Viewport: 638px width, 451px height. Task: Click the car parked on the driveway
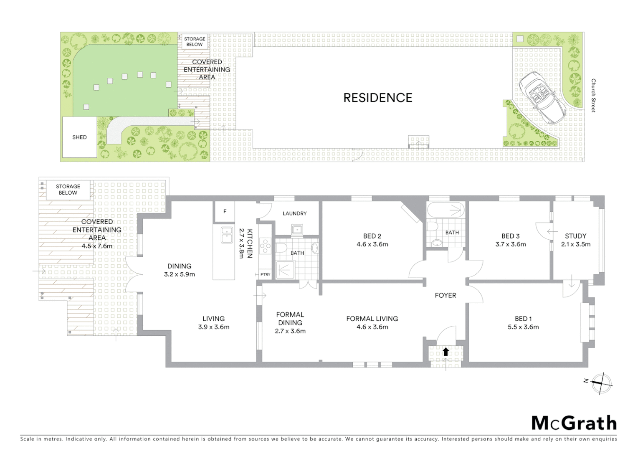coord(542,97)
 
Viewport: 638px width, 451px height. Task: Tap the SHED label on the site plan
coord(79,137)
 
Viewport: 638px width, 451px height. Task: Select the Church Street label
coord(593,95)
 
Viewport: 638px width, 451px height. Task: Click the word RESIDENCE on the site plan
coord(377,98)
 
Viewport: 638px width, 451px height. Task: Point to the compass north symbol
coord(601,383)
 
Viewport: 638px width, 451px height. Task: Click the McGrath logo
coord(574,423)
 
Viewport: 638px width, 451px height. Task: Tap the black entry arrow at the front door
coord(446,352)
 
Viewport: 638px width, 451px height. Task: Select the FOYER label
coord(446,295)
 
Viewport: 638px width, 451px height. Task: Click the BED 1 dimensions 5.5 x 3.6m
coord(523,327)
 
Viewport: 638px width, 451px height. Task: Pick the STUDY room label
coord(575,236)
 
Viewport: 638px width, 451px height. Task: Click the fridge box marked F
coord(225,211)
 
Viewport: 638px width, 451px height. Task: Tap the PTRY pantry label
coord(265,274)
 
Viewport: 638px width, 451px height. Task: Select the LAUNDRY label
coord(294,213)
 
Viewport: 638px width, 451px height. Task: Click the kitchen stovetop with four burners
coord(265,246)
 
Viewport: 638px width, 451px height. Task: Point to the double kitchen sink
coord(227,235)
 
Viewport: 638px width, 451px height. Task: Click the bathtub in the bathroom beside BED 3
coord(446,210)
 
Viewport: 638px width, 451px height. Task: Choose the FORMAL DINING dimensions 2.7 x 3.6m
coord(290,331)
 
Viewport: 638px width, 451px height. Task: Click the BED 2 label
coord(372,236)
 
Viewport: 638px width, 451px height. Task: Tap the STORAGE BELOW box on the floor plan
coord(68,190)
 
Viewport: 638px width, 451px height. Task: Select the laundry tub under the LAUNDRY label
coord(297,229)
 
